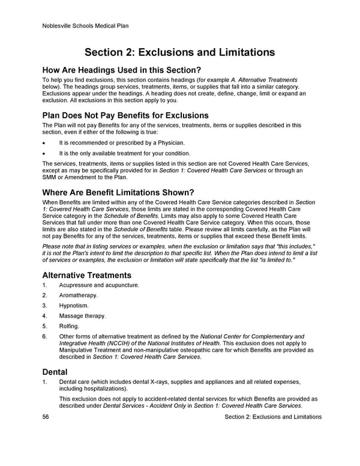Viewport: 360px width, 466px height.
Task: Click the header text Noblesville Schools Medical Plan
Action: (x=86, y=26)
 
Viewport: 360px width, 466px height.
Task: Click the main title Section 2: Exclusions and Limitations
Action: (x=179, y=52)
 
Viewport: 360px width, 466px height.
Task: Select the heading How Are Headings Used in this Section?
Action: (x=122, y=70)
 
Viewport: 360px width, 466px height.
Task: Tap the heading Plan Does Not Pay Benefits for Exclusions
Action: (x=125, y=115)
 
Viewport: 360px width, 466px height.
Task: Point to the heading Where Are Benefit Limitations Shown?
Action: (x=118, y=192)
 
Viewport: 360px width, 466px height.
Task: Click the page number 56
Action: (x=46, y=417)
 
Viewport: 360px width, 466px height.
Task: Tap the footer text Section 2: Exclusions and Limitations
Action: (x=272, y=417)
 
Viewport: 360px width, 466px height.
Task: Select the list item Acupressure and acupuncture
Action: (x=99, y=285)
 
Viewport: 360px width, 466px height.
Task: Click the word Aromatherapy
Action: (x=79, y=295)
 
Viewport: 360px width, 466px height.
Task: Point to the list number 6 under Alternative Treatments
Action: (x=44, y=336)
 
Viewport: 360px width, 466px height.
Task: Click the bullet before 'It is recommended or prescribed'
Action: (x=44, y=143)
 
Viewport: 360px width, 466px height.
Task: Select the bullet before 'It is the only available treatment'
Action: (x=44, y=153)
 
